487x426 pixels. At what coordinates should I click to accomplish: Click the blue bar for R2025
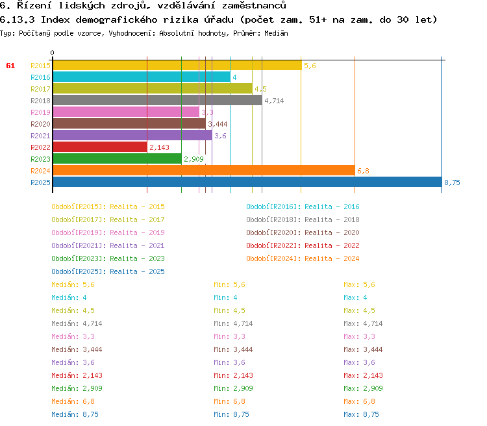(247, 182)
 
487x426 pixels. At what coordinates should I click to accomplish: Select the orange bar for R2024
(203, 170)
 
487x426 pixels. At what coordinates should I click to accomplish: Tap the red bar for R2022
(100, 147)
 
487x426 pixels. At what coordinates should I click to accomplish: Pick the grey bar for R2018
(157, 100)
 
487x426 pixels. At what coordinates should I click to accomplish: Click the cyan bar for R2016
(141, 77)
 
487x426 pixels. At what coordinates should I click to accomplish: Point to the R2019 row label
(40, 112)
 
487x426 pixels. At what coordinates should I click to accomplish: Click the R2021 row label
(40, 135)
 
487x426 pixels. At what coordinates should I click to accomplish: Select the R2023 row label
(40, 158)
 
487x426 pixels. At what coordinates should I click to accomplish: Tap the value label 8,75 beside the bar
(452, 182)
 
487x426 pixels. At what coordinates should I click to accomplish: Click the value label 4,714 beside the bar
(273, 101)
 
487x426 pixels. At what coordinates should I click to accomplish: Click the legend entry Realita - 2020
(303, 232)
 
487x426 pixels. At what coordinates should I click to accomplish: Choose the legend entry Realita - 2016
(303, 207)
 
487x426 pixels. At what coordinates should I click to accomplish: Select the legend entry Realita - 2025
(108, 271)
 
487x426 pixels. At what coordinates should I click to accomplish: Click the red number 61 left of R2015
(10, 66)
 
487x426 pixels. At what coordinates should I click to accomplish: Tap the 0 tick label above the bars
(53, 53)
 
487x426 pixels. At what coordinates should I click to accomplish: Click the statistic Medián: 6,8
(73, 401)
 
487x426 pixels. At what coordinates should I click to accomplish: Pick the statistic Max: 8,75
(361, 414)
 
